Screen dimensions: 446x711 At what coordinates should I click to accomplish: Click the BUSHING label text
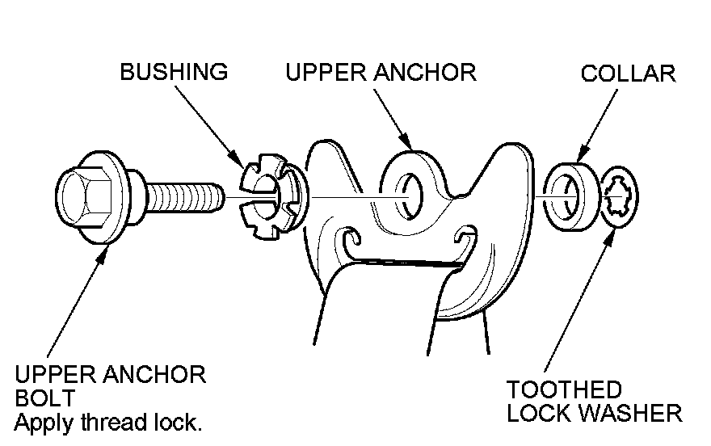coord(174,72)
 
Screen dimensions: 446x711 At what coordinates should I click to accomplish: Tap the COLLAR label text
coord(628,74)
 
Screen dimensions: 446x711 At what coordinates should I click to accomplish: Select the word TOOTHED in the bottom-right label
coord(565,390)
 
